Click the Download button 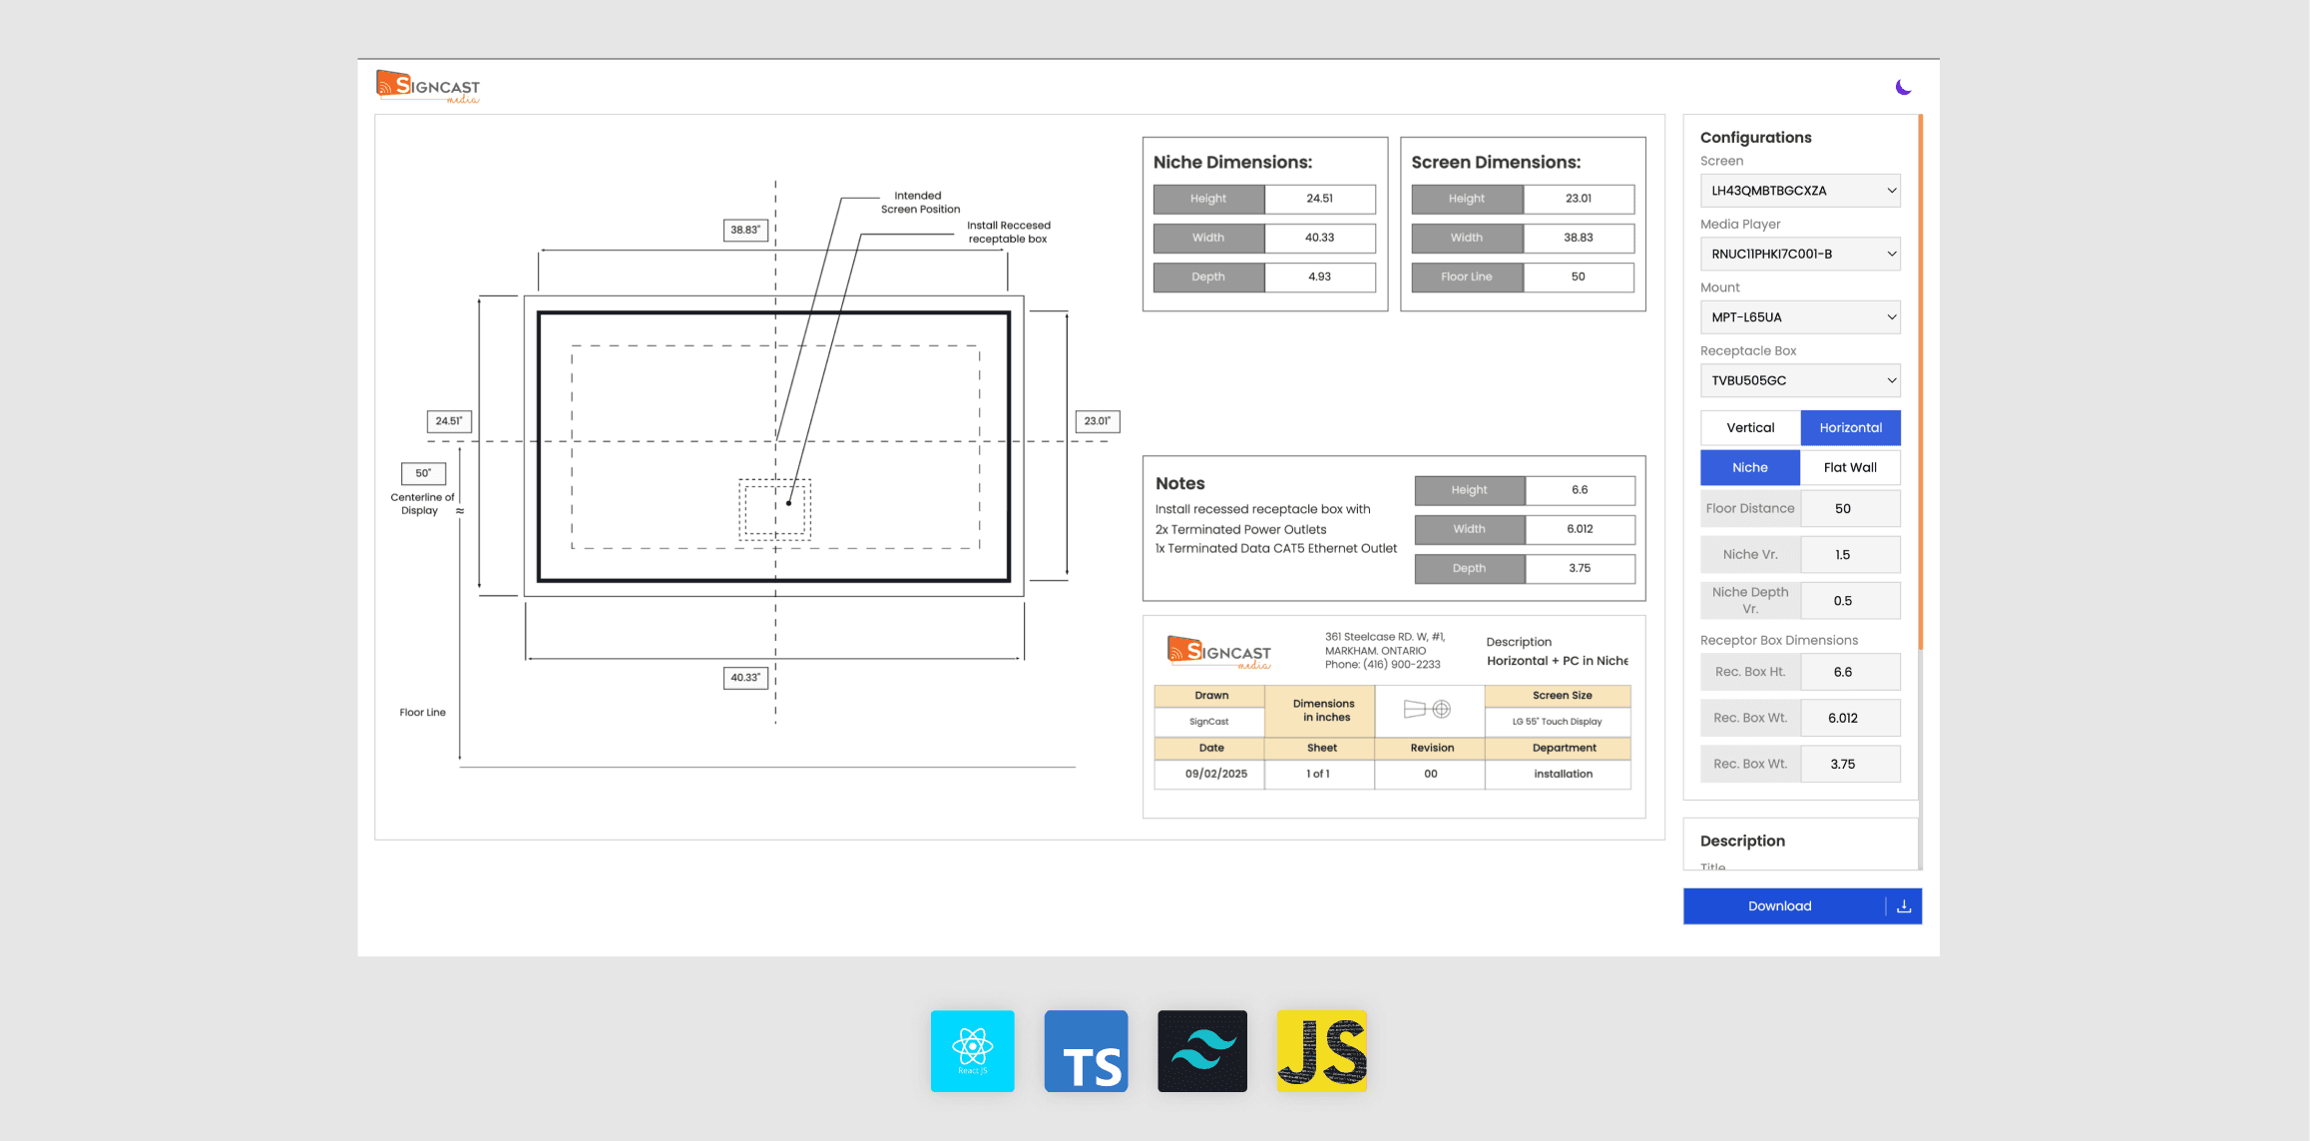pos(1780,906)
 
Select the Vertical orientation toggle pos(1750,427)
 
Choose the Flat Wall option pos(1850,467)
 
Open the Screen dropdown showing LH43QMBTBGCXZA pos(1800,191)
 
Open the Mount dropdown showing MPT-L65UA pos(1800,317)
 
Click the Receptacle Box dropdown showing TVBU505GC pos(1800,380)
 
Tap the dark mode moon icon pos(1903,87)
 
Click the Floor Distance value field pos(1849,508)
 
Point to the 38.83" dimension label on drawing pos(745,230)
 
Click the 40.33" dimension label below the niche pos(745,678)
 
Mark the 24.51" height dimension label pos(449,421)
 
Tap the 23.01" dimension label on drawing pos(1097,421)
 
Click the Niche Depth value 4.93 pos(1319,277)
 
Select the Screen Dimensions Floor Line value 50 pos(1578,277)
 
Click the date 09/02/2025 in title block pos(1215,774)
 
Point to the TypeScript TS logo pos(1086,1051)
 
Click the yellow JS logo pos(1321,1051)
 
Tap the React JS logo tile pos(972,1051)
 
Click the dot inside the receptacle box pos(788,503)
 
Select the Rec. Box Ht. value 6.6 pos(1849,672)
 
